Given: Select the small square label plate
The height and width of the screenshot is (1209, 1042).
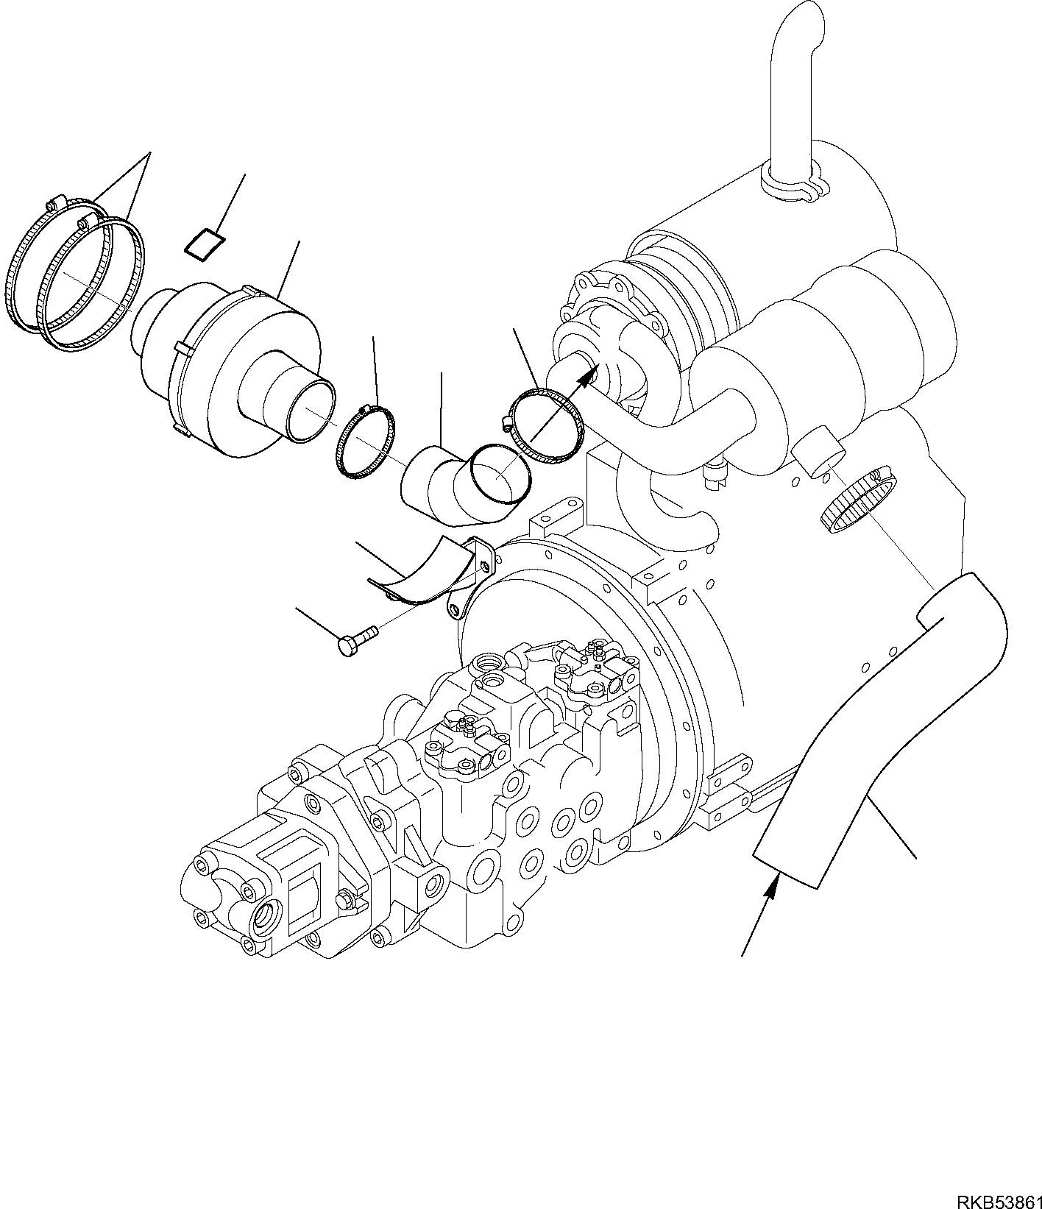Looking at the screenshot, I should click(205, 244).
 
